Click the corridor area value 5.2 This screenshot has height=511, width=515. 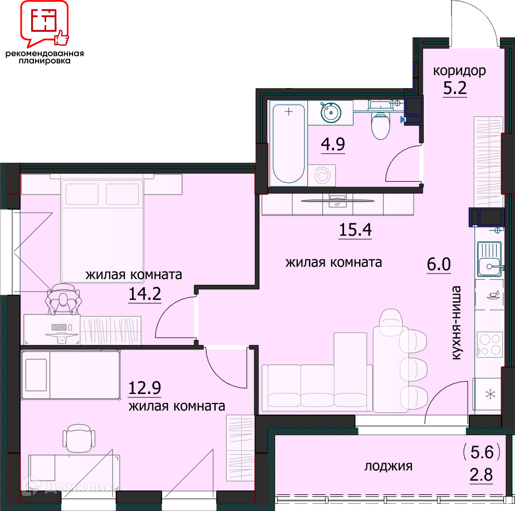tap(455, 88)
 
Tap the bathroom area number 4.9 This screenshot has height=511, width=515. tap(333, 144)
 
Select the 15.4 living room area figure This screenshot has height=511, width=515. tap(355, 230)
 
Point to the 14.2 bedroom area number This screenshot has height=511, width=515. tap(145, 294)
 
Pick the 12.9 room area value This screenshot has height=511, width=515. tap(145, 388)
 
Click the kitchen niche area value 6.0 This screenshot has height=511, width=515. tap(439, 264)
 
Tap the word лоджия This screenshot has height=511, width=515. tap(388, 466)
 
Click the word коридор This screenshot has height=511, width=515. tap(459, 71)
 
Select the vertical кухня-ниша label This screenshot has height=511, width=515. tap(457, 323)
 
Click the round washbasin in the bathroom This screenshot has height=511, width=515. tap(331, 113)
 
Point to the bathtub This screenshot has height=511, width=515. tap(288, 143)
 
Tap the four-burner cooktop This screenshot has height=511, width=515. tap(490, 344)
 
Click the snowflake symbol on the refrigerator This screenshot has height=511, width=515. tap(491, 394)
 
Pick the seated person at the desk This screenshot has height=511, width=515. tap(64, 299)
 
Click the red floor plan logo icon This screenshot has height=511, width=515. tap(45, 23)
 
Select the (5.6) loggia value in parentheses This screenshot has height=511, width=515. tap(482, 452)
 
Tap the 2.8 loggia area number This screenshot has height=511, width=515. tap(482, 475)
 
